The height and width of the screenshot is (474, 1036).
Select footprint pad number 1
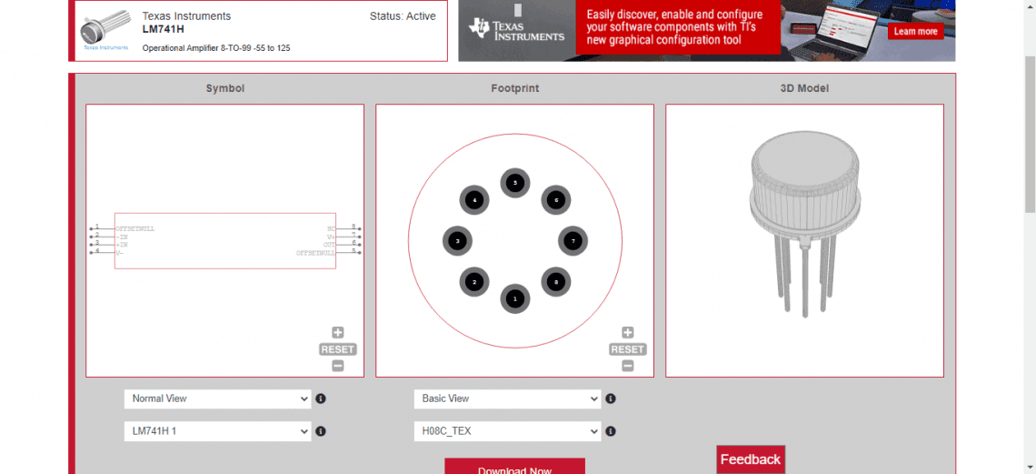pos(515,298)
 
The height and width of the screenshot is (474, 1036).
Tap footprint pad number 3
pos(457,241)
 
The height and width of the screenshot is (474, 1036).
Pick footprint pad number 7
pos(573,241)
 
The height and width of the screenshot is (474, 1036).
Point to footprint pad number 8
pos(556,282)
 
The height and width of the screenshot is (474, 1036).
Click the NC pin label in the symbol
pos(331,228)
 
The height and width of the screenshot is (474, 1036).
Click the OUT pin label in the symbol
pos(329,245)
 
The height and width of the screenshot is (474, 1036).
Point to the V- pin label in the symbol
pos(119,252)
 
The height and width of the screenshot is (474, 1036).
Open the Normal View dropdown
pos(217,398)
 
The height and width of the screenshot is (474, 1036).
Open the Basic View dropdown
pos(507,398)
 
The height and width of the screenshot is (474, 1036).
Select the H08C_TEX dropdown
pos(507,431)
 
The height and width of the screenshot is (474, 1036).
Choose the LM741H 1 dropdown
pos(217,431)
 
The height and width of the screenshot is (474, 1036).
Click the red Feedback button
pos(750,459)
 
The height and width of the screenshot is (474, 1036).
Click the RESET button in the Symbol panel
pos(337,349)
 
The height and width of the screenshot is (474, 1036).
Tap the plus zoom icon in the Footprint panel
pos(627,333)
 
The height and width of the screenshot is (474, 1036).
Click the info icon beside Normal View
pos(321,398)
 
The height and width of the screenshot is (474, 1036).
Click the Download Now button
pos(514,468)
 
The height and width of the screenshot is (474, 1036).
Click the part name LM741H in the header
pos(164,29)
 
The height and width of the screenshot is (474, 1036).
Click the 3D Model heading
pos(804,88)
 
